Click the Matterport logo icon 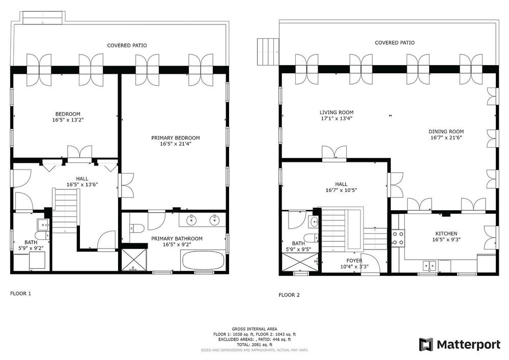click(x=426, y=344)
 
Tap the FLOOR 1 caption click(x=20, y=294)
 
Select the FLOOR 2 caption click(x=289, y=295)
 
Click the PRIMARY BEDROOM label click(x=176, y=138)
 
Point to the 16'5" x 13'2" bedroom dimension click(x=68, y=120)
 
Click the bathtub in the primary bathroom click(x=203, y=261)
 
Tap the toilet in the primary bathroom click(x=137, y=228)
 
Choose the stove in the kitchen click(x=399, y=238)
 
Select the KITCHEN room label click(x=446, y=234)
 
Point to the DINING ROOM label click(x=446, y=132)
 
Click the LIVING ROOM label click(x=336, y=113)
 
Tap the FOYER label click(x=354, y=261)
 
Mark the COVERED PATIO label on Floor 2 click(x=395, y=43)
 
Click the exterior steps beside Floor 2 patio click(x=268, y=51)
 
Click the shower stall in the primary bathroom click(x=134, y=260)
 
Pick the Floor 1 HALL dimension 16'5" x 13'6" click(x=82, y=185)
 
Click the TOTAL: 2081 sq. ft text click(x=254, y=344)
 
